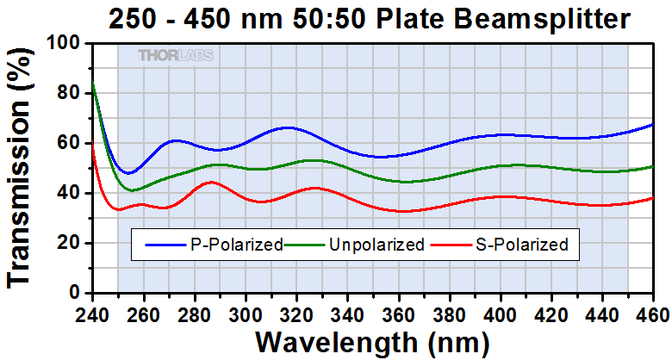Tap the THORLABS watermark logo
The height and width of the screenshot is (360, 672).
(176, 56)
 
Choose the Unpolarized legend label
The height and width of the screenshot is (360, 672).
(376, 245)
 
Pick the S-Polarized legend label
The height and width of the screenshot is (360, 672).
(521, 245)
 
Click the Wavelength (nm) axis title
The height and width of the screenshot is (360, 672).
(371, 342)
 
